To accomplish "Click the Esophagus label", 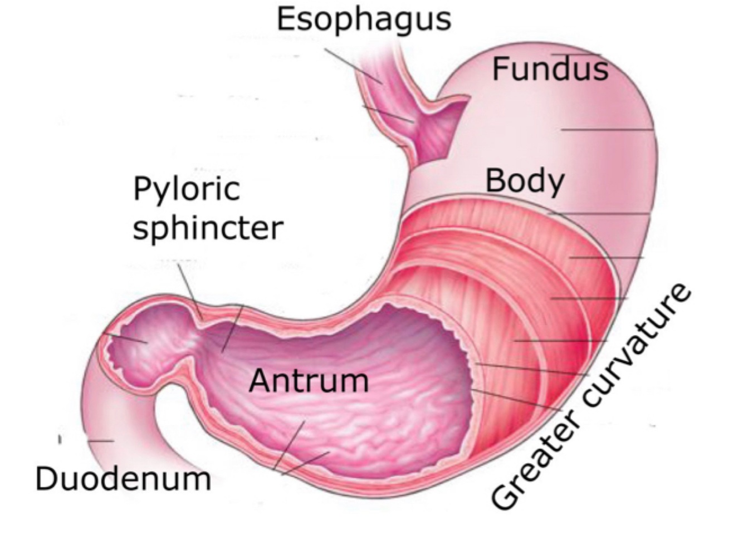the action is [x=363, y=20].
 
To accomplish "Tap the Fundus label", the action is [x=550, y=70].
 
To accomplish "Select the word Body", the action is [x=525, y=181].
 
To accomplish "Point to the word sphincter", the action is [x=208, y=229].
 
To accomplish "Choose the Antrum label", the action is [x=309, y=381].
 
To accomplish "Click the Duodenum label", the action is [x=123, y=479].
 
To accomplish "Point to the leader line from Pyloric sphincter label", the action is [x=190, y=289].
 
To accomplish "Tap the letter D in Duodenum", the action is [x=46, y=479].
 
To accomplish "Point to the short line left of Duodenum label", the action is [x=60, y=440].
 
